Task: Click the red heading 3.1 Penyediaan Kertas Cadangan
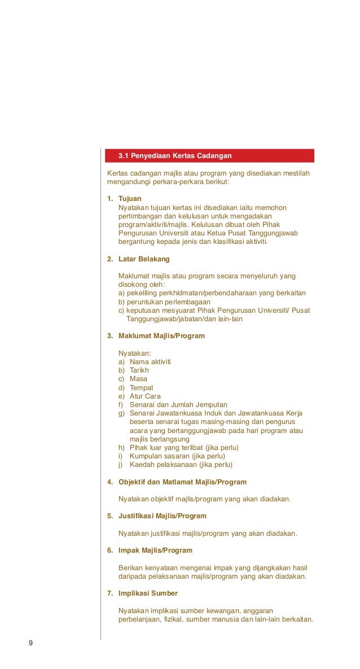point(175,155)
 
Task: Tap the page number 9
point(30,644)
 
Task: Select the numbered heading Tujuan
point(130,199)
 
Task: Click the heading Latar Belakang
point(144,259)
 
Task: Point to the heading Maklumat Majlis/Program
point(161,336)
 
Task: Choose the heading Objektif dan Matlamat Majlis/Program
point(182,482)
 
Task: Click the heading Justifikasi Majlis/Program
point(163,516)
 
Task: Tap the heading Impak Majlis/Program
point(155,550)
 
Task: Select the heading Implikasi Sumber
point(148,593)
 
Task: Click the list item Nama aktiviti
point(150,362)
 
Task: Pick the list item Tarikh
point(139,370)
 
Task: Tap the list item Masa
point(138,379)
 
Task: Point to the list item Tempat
point(141,388)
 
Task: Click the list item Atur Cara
point(145,396)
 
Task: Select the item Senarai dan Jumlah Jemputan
point(178,405)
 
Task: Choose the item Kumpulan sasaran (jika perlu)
point(177,456)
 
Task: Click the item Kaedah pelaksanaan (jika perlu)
point(181,465)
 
